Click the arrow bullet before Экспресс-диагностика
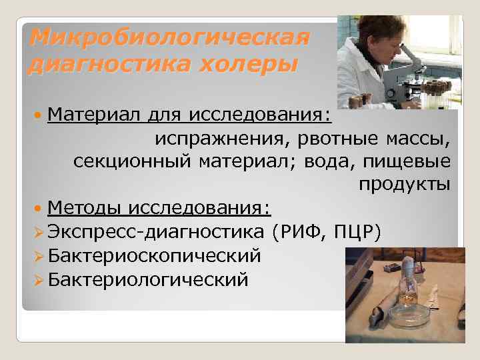click(37, 232)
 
